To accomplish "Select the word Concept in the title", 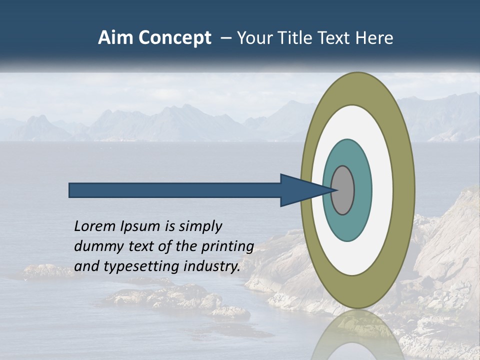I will coord(175,38).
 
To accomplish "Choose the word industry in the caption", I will coord(212,266).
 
